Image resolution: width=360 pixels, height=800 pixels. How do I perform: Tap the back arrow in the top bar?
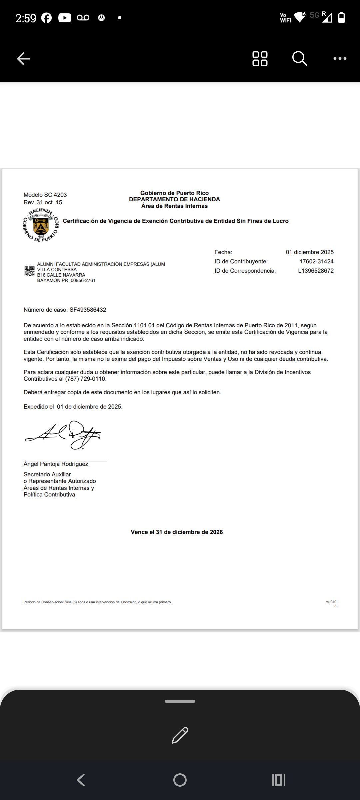[23, 59]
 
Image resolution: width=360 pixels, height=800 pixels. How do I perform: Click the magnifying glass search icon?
[299, 59]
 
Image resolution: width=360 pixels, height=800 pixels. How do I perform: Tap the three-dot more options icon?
[340, 59]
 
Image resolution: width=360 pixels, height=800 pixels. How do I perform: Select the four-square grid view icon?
[260, 59]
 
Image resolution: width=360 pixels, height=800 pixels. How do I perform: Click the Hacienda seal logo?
[41, 225]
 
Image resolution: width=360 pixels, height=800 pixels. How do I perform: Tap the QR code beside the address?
[29, 271]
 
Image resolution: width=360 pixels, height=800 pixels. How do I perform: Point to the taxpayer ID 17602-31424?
[316, 261]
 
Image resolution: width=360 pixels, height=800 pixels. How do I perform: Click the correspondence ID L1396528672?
[316, 271]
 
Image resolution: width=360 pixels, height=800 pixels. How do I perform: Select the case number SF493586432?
[88, 310]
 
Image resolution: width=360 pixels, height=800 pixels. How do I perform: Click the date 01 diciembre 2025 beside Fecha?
[309, 252]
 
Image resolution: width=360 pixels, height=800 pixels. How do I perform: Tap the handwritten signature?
[63, 434]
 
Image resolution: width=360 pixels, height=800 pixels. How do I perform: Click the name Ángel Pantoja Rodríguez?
[56, 464]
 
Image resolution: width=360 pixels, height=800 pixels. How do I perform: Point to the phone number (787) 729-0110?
[85, 379]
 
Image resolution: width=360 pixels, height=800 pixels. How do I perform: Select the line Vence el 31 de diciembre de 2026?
[177, 532]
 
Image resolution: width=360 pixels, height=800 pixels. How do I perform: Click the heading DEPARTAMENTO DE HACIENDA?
[174, 199]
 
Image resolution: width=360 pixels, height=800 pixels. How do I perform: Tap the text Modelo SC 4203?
[45, 195]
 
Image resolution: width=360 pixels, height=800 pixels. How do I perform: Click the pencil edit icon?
[180, 735]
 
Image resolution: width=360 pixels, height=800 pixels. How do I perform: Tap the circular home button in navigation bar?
[180, 780]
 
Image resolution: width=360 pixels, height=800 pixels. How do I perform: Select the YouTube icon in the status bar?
[65, 18]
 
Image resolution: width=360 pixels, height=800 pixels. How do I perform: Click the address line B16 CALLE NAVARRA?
[61, 275]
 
